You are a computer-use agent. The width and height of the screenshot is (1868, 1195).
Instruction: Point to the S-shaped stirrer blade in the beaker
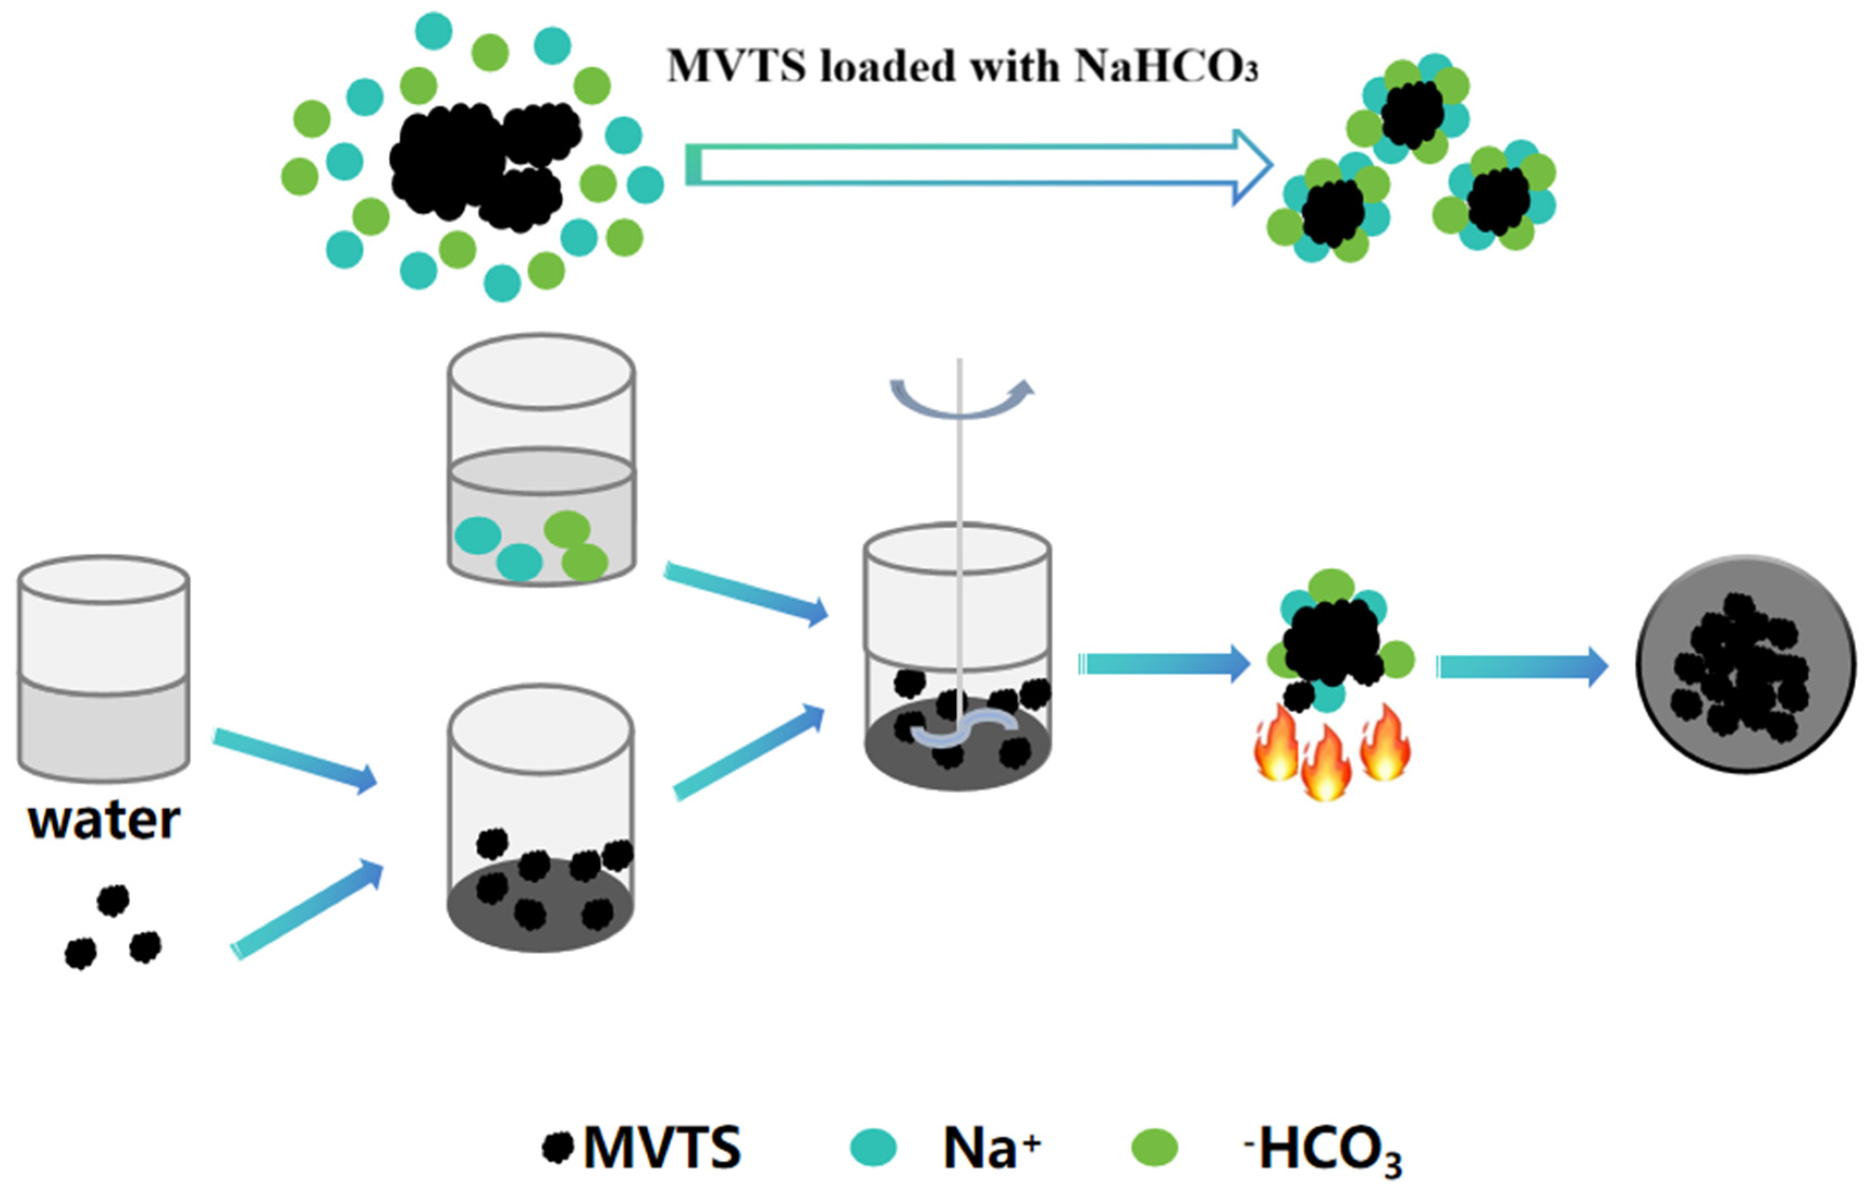(962, 730)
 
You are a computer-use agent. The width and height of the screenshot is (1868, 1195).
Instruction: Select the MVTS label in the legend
(661, 1148)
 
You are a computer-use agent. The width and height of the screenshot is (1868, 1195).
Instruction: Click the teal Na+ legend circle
(874, 1148)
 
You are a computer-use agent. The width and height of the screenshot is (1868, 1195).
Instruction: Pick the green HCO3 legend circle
(1154, 1148)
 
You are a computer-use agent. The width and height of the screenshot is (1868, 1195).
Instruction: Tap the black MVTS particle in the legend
(557, 1147)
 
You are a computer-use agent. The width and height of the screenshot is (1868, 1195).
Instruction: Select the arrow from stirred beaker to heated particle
(1164, 664)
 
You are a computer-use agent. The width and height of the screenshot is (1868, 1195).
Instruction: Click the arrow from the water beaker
(295, 760)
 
